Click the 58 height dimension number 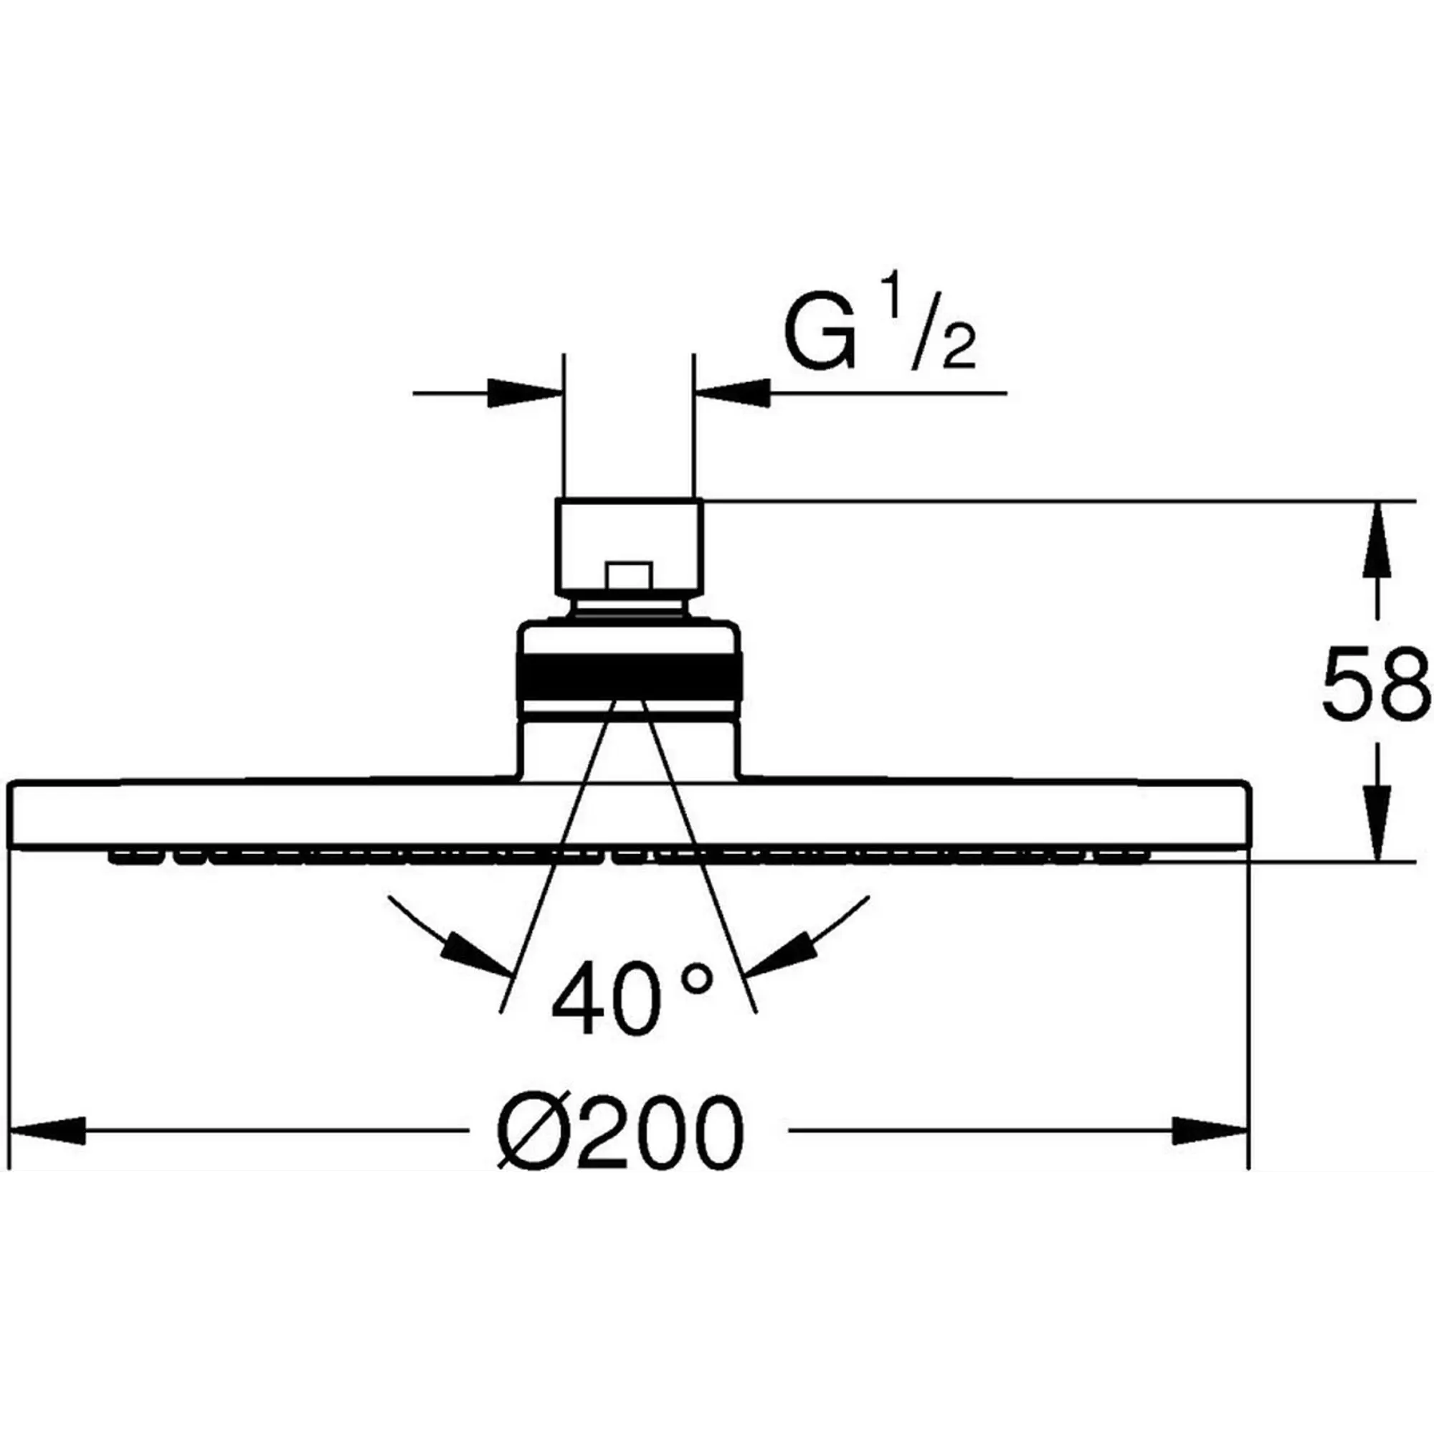[1375, 683]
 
